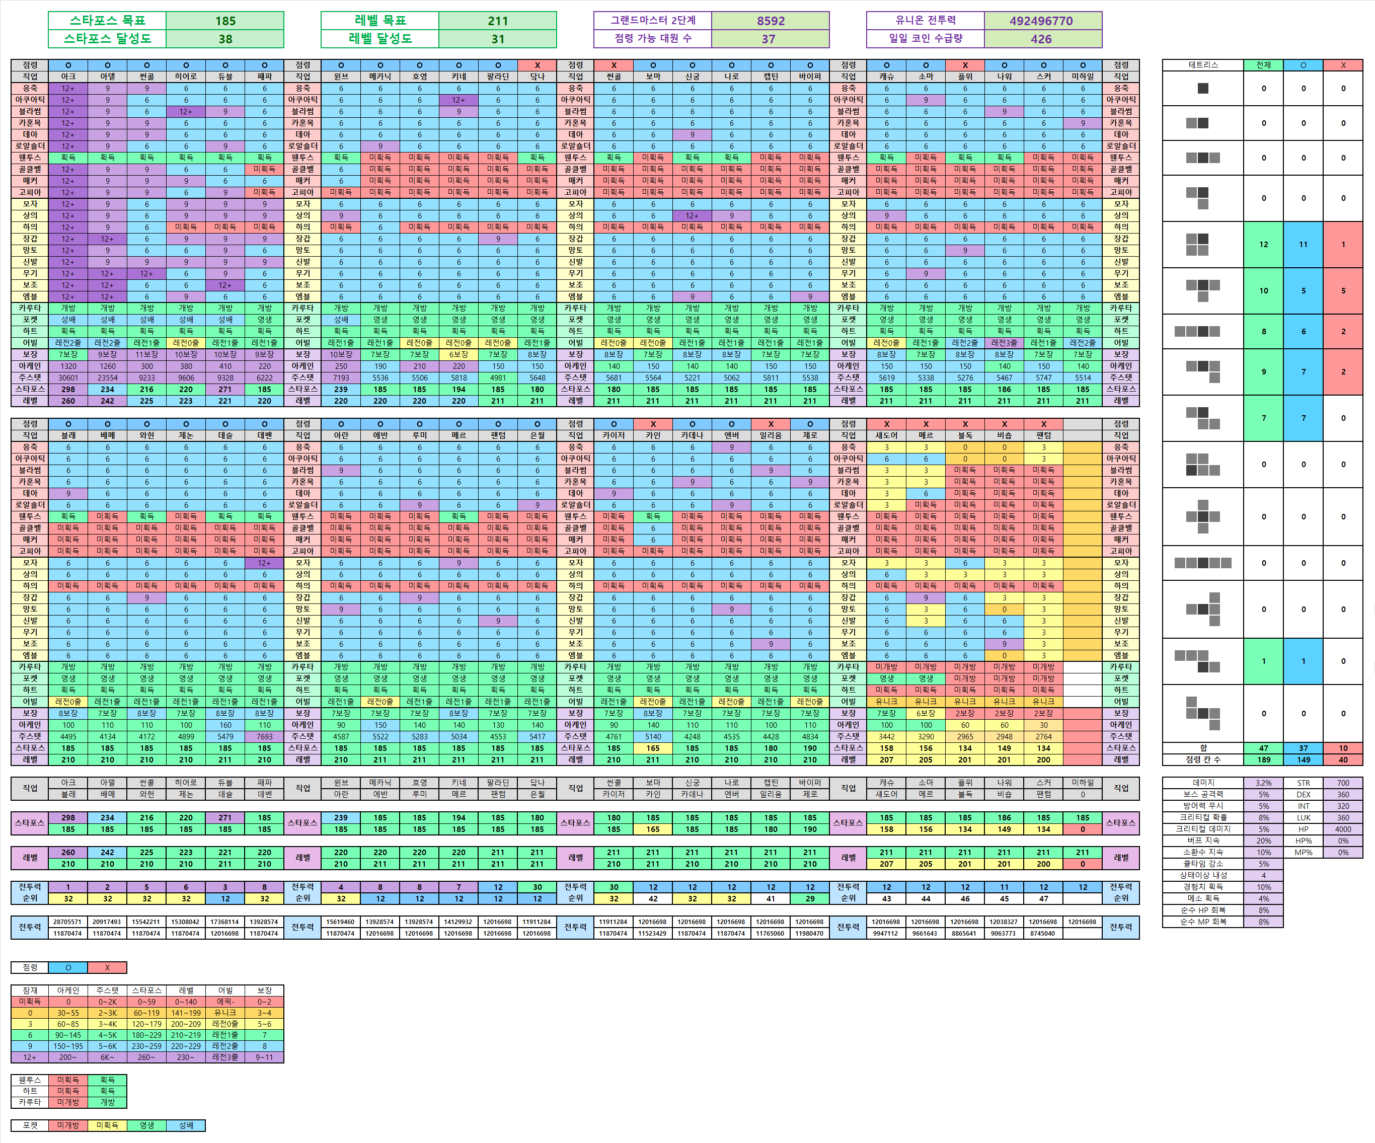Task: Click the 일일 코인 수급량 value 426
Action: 1041,39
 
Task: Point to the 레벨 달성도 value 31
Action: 498,39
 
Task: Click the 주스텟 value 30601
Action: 68,377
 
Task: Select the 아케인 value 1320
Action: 68,366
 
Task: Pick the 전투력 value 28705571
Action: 67,922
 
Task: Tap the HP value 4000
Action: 1343,829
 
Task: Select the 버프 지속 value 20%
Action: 1264,841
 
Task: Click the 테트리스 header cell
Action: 1203,65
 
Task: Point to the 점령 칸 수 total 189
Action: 1264,759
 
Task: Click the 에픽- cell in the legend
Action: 225,1002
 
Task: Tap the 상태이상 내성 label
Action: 1203,875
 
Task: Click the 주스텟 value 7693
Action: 265,736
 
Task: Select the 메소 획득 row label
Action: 1203,898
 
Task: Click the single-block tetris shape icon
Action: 1203,89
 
